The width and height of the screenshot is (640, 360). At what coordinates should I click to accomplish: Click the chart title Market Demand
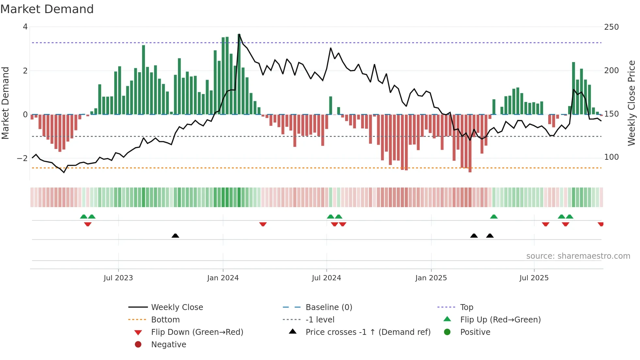(x=47, y=9)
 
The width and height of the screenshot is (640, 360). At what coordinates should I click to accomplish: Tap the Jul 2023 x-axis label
(x=118, y=278)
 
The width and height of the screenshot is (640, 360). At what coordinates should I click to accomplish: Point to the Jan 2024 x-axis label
(x=223, y=278)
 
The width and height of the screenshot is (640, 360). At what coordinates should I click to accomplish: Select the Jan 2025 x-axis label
(x=431, y=278)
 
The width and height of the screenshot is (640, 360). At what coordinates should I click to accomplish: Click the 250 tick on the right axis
(x=611, y=27)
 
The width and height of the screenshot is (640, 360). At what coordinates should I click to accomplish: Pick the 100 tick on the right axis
(x=611, y=157)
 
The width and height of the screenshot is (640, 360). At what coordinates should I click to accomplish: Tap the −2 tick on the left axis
(x=22, y=158)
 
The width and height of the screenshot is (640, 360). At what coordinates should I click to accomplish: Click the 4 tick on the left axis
(x=25, y=27)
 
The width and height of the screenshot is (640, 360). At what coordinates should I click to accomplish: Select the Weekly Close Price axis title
(x=632, y=103)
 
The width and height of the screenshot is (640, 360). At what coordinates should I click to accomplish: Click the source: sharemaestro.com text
(x=578, y=256)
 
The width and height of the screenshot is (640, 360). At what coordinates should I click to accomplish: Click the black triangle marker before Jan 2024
(x=175, y=236)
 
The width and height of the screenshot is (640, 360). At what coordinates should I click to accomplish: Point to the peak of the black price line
(x=239, y=34)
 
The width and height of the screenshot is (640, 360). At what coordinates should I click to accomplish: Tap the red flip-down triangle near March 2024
(x=263, y=224)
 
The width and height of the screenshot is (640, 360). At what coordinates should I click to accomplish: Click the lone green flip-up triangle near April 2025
(x=494, y=217)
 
